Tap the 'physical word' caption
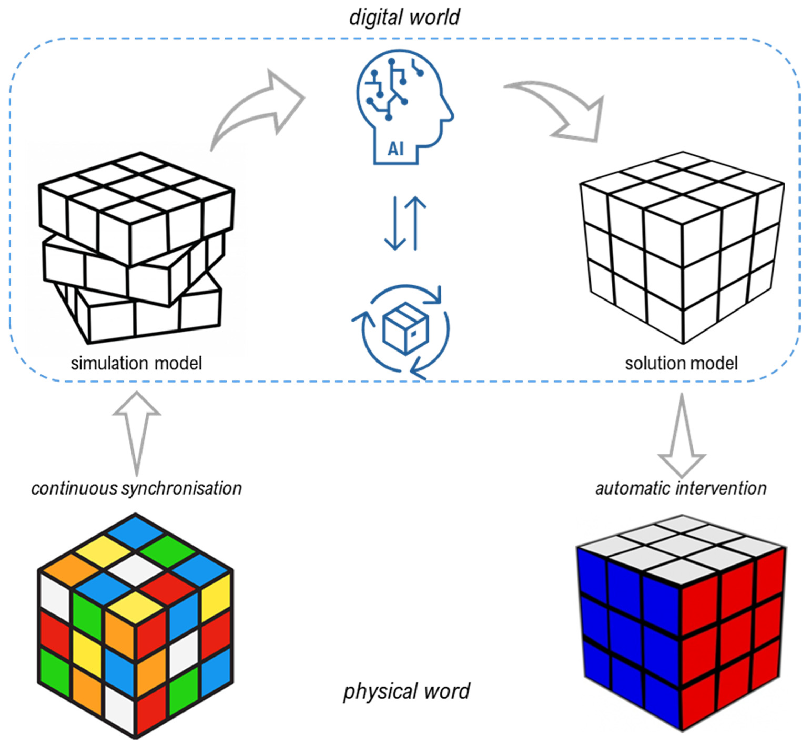406,691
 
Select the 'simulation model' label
136,363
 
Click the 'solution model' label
681,363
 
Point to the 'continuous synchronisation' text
136,488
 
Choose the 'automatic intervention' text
681,488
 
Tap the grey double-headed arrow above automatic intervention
682,435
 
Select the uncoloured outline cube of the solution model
682,247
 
